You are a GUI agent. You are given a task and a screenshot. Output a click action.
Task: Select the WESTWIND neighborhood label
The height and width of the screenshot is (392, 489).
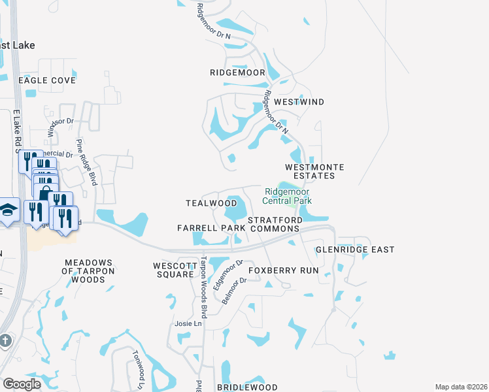pyautogui.click(x=299, y=103)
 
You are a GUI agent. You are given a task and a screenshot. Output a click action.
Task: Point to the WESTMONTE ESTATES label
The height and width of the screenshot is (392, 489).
pyautogui.click(x=314, y=172)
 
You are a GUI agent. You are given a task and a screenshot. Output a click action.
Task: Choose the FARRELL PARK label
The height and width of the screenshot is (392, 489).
pyautogui.click(x=211, y=228)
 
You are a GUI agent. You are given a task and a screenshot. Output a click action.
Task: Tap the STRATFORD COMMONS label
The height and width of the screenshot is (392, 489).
pyautogui.click(x=275, y=224)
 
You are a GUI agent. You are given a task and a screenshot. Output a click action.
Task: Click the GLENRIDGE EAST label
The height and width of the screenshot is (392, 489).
pyautogui.click(x=355, y=250)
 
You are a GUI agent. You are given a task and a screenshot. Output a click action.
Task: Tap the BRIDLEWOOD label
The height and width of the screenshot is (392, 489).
pyautogui.click(x=247, y=387)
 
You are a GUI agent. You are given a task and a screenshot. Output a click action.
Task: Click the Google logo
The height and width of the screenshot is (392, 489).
pyautogui.click(x=22, y=384)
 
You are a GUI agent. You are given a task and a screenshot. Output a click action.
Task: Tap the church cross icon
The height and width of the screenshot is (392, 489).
pyautogui.click(x=5, y=340)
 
